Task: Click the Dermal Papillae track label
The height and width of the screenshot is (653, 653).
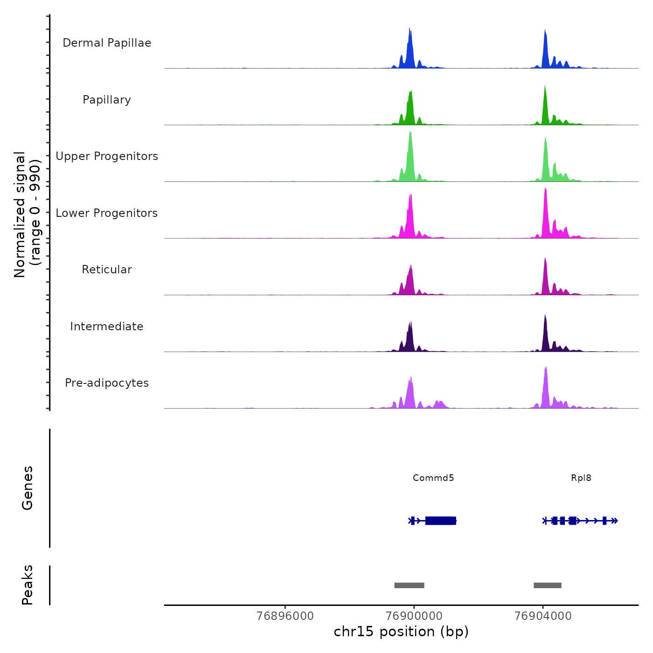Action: click(107, 43)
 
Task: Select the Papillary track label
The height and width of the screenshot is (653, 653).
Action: click(107, 100)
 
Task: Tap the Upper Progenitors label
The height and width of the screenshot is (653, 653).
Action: click(107, 156)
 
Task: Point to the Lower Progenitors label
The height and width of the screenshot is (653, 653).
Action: click(107, 213)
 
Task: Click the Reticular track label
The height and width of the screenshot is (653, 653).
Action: click(107, 270)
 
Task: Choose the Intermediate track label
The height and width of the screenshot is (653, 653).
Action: click(107, 326)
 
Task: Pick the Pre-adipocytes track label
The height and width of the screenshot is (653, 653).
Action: click(107, 383)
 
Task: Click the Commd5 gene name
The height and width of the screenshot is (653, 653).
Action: click(433, 478)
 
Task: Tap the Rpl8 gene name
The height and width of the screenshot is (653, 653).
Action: click(581, 478)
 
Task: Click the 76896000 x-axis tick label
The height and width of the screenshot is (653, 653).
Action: click(285, 616)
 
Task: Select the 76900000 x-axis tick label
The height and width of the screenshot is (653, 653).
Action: click(414, 616)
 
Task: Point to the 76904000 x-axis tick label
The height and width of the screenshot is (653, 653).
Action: click(543, 616)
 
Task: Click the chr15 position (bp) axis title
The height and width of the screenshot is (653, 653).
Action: click(401, 632)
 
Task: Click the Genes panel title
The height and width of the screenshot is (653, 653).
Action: click(28, 488)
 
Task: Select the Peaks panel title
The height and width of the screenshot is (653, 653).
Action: click(28, 585)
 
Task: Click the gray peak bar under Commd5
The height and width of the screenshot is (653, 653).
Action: click(409, 585)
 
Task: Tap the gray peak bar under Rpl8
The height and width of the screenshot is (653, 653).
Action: click(548, 585)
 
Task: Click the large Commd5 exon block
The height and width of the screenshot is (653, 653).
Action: click(440, 521)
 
